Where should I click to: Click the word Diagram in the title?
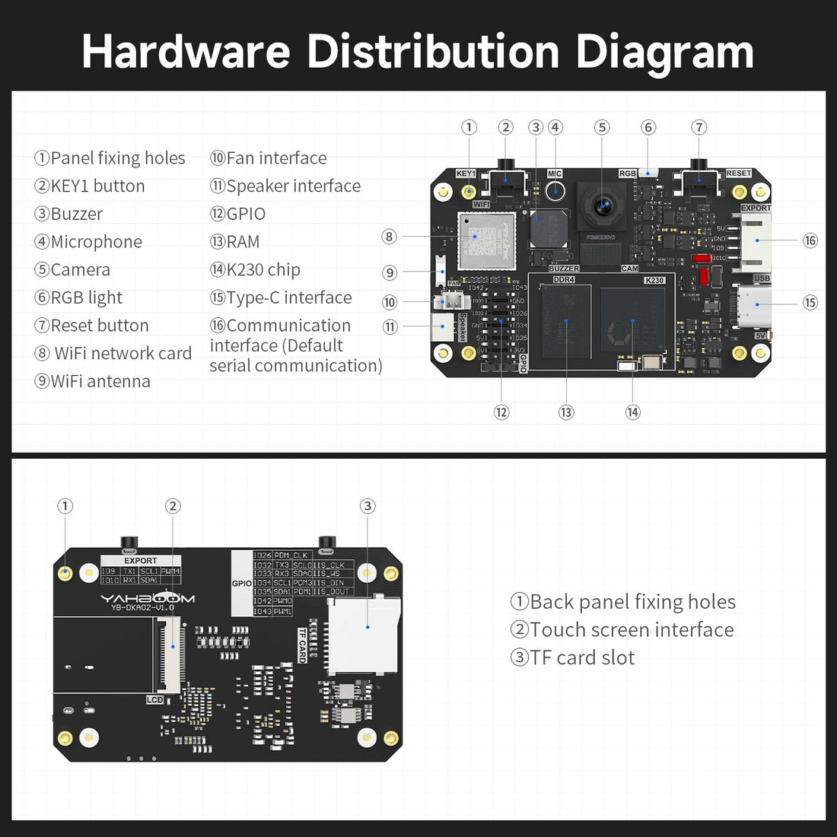(664, 52)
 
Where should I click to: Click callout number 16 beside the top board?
(810, 240)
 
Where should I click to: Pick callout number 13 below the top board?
(566, 412)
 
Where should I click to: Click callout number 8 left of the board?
(389, 237)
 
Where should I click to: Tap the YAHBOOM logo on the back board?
(148, 599)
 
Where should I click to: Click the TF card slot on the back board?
(364, 636)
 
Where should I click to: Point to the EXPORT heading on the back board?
(141, 561)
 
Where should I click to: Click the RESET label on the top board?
(737, 173)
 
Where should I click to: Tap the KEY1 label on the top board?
(466, 173)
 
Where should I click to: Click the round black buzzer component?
(548, 226)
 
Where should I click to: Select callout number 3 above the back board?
(368, 506)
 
